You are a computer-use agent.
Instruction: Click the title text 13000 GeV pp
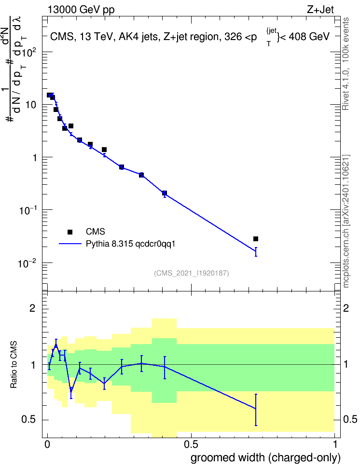81,10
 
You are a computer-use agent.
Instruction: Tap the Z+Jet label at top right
320,10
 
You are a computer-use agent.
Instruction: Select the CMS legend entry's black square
70,232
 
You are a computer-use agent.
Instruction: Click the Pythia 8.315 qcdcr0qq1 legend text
130,244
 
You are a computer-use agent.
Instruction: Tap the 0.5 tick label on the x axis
191,444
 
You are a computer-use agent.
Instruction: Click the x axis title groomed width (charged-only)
265,457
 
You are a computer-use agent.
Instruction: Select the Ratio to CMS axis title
14,365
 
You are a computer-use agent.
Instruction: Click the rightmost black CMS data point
256,239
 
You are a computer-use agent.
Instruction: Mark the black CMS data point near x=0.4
164,193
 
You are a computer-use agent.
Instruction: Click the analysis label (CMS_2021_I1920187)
192,273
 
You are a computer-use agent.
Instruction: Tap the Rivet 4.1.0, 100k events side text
346,64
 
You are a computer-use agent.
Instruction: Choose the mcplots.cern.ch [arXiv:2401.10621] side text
346,221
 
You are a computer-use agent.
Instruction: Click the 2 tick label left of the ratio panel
32,308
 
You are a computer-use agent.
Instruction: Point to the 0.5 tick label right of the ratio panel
350,419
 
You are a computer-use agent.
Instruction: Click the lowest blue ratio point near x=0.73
256,408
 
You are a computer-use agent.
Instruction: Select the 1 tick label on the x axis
334,444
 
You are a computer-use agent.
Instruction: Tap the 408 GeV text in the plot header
309,37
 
